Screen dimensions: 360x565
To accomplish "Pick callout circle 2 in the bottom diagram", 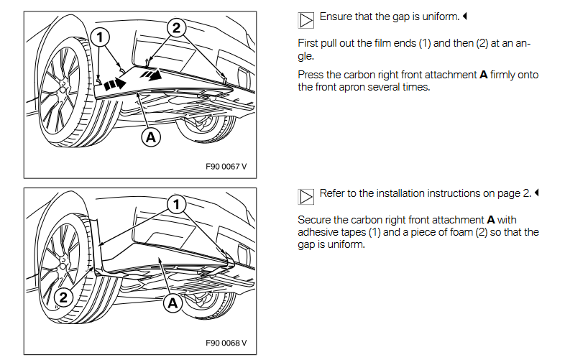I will tap(64, 296).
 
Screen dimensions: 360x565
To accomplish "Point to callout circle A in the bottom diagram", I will tap(173, 303).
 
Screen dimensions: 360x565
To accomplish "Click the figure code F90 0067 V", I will tap(225, 166).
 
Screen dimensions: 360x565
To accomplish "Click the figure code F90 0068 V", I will tap(225, 342).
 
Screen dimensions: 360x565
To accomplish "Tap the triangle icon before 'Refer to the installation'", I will tap(306, 195).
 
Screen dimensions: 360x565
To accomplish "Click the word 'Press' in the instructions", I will tap(311, 75).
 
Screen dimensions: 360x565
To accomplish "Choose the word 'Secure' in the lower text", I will tap(314, 219).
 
